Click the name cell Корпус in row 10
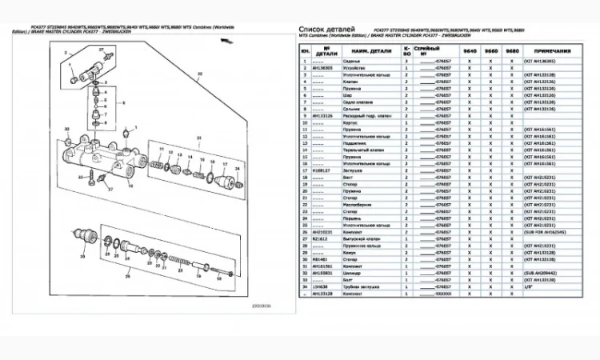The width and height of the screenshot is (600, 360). tap(358, 122)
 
